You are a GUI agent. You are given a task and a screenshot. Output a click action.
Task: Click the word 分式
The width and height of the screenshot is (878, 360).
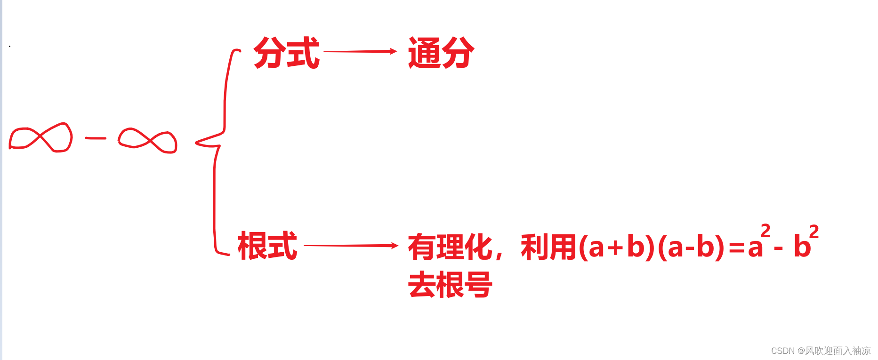click(x=287, y=53)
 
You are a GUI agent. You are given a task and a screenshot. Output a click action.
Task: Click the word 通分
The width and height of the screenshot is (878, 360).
click(x=441, y=53)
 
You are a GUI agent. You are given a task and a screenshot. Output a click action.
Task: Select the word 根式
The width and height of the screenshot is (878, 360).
click(x=267, y=246)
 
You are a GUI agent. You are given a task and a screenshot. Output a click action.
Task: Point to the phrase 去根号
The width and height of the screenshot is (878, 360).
click(x=450, y=285)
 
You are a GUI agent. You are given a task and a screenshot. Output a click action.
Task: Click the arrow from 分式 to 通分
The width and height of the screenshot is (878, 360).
click(x=360, y=51)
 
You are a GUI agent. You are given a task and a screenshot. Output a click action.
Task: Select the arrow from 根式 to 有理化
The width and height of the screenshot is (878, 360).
click(x=351, y=246)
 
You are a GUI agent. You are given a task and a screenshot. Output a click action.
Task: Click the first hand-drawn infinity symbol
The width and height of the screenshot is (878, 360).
click(x=41, y=137)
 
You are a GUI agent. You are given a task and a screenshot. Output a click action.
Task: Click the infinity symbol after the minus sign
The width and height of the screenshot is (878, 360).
click(x=148, y=141)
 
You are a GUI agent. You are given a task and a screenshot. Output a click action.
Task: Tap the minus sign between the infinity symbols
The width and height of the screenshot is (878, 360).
click(x=96, y=138)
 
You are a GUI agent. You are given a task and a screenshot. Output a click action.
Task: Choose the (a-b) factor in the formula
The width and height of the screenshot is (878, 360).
click(x=691, y=247)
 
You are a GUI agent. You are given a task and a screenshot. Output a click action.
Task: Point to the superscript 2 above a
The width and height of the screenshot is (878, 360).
click(x=765, y=231)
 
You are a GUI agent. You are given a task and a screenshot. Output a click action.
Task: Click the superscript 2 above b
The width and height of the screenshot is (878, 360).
click(x=814, y=231)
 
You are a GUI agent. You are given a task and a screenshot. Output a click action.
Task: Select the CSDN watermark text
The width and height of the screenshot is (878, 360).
click(x=821, y=351)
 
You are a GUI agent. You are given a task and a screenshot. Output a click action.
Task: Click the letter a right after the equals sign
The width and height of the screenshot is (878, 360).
click(x=755, y=248)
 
